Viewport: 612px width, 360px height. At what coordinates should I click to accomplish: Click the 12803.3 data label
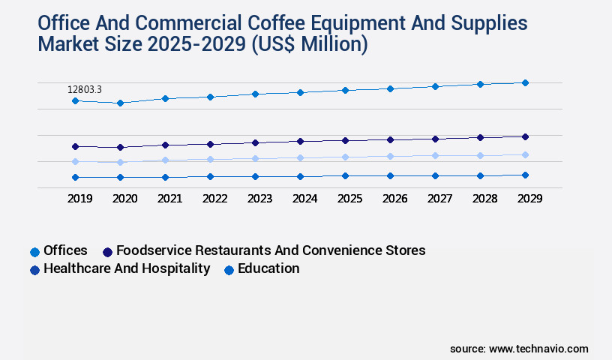point(84,90)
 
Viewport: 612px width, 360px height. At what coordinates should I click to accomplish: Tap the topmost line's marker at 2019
point(75,100)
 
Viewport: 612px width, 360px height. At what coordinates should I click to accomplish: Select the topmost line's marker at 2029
point(525,82)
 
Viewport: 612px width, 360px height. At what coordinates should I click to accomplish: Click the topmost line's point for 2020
point(120,103)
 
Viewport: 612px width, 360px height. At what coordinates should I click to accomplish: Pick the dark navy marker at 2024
point(300,141)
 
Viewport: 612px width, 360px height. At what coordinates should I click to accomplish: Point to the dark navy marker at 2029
point(525,136)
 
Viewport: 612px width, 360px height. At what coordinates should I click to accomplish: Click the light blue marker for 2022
point(210,159)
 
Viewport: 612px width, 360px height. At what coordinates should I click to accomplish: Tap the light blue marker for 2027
point(435,155)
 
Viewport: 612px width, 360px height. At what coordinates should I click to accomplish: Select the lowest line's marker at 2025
point(345,175)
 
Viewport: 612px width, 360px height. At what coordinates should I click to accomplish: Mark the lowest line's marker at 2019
point(75,177)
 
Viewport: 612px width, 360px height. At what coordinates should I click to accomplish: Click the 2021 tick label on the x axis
point(169,199)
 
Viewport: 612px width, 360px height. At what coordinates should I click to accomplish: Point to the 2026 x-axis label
point(394,199)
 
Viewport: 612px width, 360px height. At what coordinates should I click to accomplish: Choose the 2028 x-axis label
point(484,199)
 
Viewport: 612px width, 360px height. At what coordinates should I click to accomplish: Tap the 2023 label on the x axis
point(259,199)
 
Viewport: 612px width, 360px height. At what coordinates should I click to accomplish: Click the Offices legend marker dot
point(34,252)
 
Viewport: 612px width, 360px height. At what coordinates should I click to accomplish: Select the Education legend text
point(268,268)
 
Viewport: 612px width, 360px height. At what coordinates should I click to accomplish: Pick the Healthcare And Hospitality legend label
point(127,268)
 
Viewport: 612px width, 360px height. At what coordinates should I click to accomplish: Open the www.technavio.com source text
point(538,349)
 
